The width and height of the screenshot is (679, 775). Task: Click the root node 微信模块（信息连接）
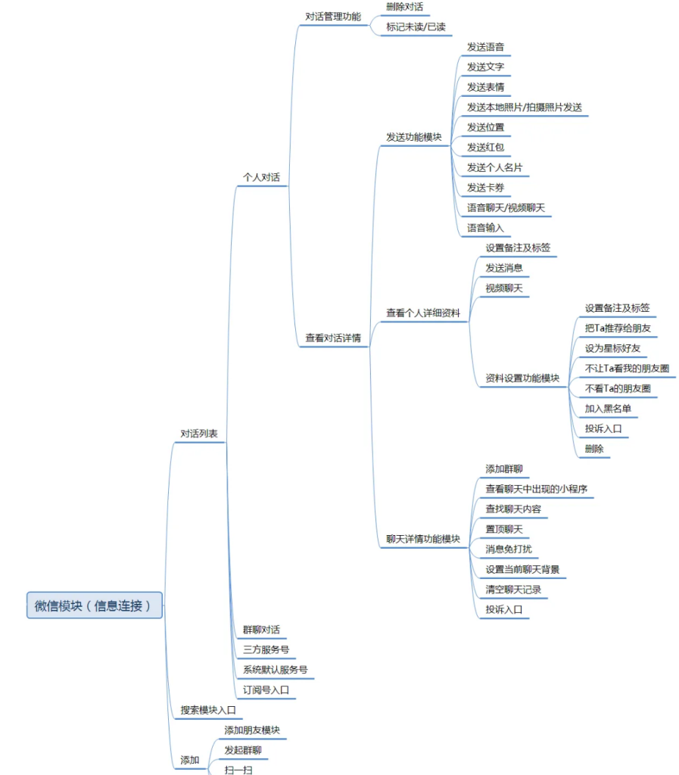tap(95, 605)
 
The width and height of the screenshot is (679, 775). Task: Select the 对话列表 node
tap(199, 434)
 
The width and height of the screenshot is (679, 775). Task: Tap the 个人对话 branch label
tap(261, 178)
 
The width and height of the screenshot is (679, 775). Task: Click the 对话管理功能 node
tap(333, 17)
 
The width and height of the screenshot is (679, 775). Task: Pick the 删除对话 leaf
tap(404, 7)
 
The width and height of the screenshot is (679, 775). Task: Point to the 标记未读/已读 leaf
tap(416, 27)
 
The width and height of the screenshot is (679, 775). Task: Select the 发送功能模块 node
tap(414, 137)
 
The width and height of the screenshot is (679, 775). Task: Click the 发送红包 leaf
tap(485, 147)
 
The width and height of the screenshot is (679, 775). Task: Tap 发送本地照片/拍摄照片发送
tap(524, 107)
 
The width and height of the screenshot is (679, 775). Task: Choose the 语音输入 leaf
tap(485, 227)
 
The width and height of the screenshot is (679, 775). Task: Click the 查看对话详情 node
tap(333, 338)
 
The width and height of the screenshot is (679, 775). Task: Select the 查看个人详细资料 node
tap(423, 313)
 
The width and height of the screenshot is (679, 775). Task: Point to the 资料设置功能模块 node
tap(522, 378)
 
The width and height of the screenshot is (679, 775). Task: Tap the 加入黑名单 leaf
tap(608, 409)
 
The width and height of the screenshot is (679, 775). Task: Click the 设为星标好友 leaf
tap(612, 348)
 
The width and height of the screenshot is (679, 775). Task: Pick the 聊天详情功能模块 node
tap(423, 539)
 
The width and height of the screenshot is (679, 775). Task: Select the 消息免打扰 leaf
tap(509, 549)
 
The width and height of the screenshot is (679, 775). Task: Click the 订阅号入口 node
tap(266, 690)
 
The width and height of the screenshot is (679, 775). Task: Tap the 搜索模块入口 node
tap(208, 711)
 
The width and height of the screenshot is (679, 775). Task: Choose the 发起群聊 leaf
tap(243, 751)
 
